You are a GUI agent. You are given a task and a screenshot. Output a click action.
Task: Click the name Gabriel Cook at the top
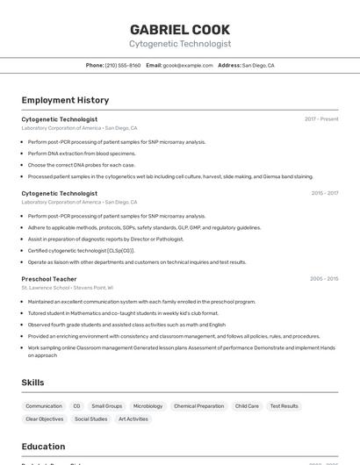point(180,29)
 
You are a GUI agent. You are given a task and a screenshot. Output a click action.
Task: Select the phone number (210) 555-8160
point(123,65)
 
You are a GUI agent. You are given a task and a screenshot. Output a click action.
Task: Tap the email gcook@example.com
point(188,65)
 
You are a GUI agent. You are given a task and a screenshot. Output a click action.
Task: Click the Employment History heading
point(65,100)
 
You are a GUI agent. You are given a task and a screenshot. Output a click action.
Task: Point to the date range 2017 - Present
point(321,118)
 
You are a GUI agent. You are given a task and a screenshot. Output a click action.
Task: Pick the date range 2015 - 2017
point(324,193)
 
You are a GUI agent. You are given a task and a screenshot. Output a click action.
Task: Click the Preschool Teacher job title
point(49,279)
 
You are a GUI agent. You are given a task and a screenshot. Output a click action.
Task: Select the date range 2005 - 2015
point(324,279)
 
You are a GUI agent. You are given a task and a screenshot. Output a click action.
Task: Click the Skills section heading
point(33,383)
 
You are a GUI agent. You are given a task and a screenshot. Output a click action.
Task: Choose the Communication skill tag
point(44,406)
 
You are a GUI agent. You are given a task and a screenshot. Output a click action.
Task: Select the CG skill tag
point(76,406)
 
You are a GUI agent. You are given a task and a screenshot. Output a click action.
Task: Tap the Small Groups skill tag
point(106,406)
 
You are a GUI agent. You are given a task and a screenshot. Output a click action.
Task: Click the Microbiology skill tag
point(148,406)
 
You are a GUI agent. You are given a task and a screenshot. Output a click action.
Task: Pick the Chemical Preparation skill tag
point(198,406)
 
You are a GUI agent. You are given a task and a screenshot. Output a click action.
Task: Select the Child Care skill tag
point(247,406)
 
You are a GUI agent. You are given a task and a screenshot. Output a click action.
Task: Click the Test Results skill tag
point(284,406)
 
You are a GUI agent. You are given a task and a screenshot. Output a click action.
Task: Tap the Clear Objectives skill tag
point(45,419)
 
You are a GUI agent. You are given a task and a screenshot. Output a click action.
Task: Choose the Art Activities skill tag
point(133,419)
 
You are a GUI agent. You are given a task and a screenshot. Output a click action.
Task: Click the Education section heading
point(43,447)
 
